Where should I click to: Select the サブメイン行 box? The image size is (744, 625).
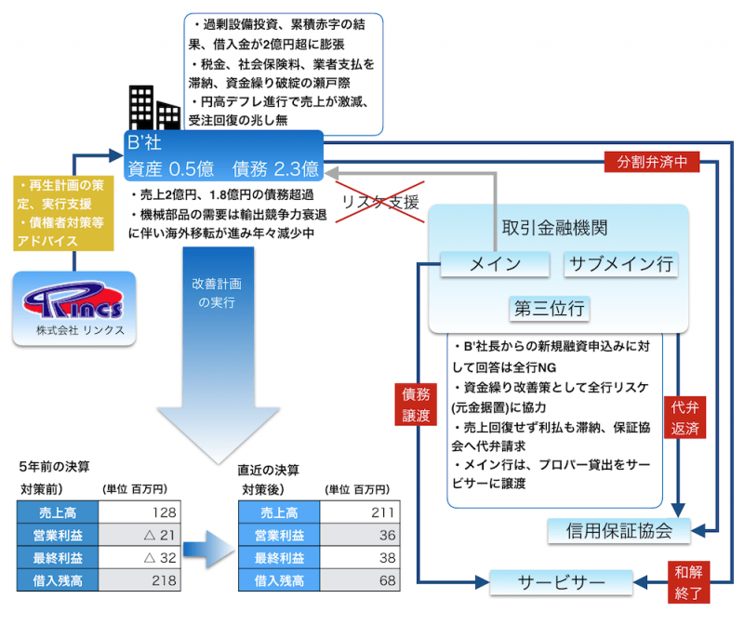(621, 264)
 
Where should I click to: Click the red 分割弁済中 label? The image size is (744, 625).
(652, 161)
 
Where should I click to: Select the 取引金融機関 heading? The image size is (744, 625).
(555, 228)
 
